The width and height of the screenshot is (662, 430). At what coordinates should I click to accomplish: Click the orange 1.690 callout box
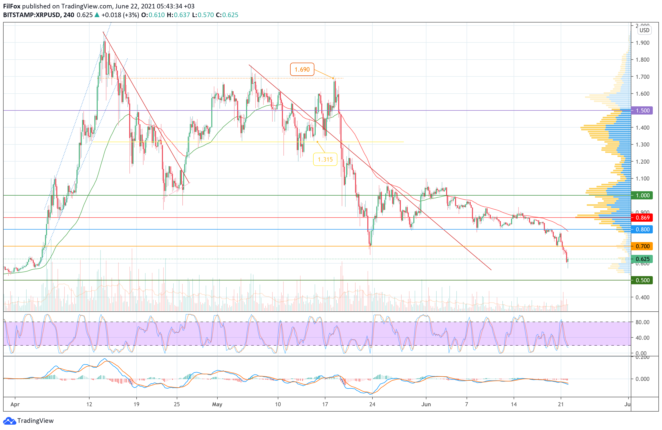(302, 69)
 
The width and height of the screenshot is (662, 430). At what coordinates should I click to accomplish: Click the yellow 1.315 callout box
(325, 159)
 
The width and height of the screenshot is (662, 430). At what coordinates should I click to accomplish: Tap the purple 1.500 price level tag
(642, 110)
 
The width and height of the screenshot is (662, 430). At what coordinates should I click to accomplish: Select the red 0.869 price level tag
(642, 218)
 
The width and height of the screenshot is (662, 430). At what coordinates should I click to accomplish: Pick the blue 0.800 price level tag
(642, 229)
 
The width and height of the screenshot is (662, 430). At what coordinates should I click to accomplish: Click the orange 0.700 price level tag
(642, 246)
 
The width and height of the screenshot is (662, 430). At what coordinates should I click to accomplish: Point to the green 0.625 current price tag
(642, 259)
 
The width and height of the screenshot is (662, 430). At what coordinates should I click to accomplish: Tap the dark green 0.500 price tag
(642, 280)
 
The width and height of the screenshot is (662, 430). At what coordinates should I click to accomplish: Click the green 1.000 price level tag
(642, 195)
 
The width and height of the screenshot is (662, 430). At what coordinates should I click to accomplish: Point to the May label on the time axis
(217, 404)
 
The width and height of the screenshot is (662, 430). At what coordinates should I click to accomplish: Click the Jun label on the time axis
(426, 404)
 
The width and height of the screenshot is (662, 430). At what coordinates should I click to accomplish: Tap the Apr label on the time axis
(15, 404)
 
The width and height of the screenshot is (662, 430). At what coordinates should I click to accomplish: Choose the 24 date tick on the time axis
(372, 404)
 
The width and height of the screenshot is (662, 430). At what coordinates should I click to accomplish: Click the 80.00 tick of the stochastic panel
(642, 322)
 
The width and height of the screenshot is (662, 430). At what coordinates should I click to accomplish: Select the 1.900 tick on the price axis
(642, 42)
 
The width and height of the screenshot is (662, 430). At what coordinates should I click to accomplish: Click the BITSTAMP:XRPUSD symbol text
(31, 15)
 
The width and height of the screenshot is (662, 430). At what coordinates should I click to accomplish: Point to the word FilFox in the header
(12, 6)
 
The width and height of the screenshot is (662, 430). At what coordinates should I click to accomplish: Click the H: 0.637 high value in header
(178, 15)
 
